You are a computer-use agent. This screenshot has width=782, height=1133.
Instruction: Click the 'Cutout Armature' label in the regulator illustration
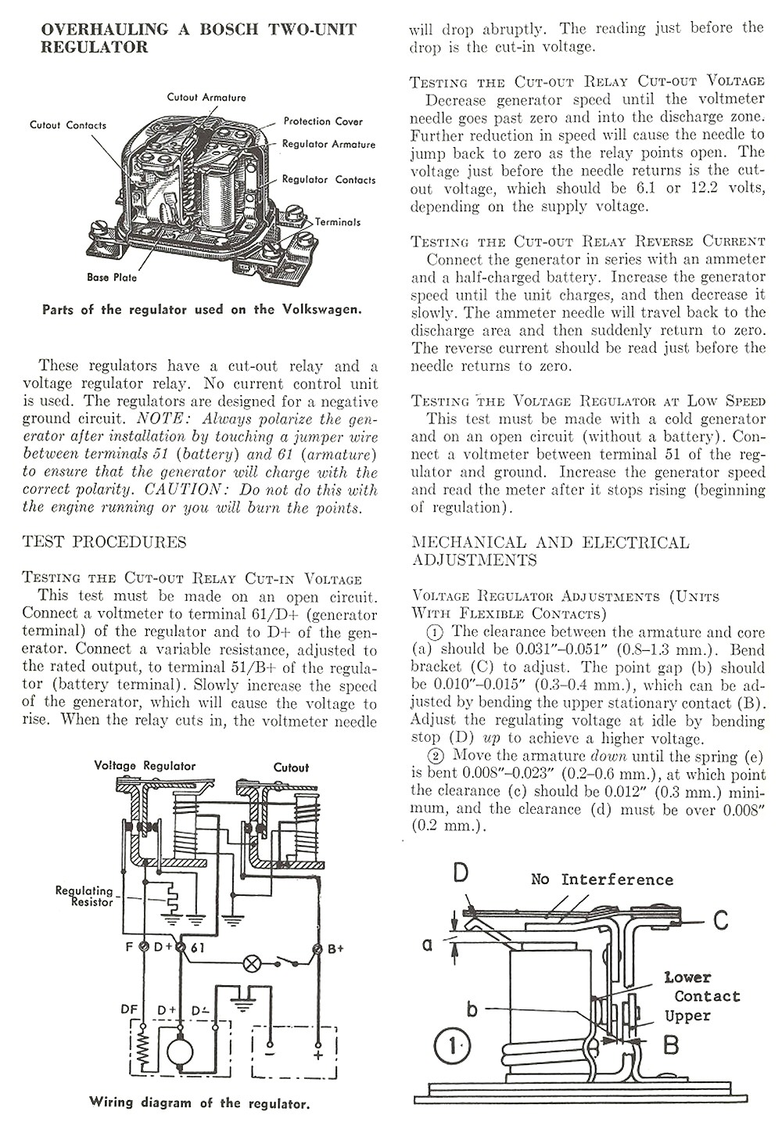tap(206, 98)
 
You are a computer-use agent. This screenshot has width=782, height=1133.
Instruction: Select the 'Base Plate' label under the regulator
tap(112, 278)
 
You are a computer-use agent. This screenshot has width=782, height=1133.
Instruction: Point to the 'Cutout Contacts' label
tap(68, 125)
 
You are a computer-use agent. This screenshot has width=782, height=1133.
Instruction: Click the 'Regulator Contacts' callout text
tap(328, 180)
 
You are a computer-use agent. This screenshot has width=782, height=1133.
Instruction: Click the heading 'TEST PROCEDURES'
tap(105, 542)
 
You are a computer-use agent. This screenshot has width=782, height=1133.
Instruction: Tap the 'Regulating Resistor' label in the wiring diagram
tap(84, 896)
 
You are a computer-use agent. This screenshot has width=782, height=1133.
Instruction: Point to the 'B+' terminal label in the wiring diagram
tap(336, 949)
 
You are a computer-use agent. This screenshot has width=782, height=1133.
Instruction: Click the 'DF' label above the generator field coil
tap(130, 1009)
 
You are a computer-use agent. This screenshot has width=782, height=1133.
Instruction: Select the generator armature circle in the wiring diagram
tap(181, 1050)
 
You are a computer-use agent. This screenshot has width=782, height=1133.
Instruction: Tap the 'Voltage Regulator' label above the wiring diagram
tap(145, 765)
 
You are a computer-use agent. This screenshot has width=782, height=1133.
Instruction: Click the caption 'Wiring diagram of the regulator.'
tap(199, 1103)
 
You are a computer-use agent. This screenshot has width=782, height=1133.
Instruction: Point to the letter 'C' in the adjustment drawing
tap(720, 920)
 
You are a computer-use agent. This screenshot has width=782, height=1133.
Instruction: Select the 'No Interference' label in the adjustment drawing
tap(601, 879)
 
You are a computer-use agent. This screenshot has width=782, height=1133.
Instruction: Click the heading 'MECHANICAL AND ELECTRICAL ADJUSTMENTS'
tap(550, 551)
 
